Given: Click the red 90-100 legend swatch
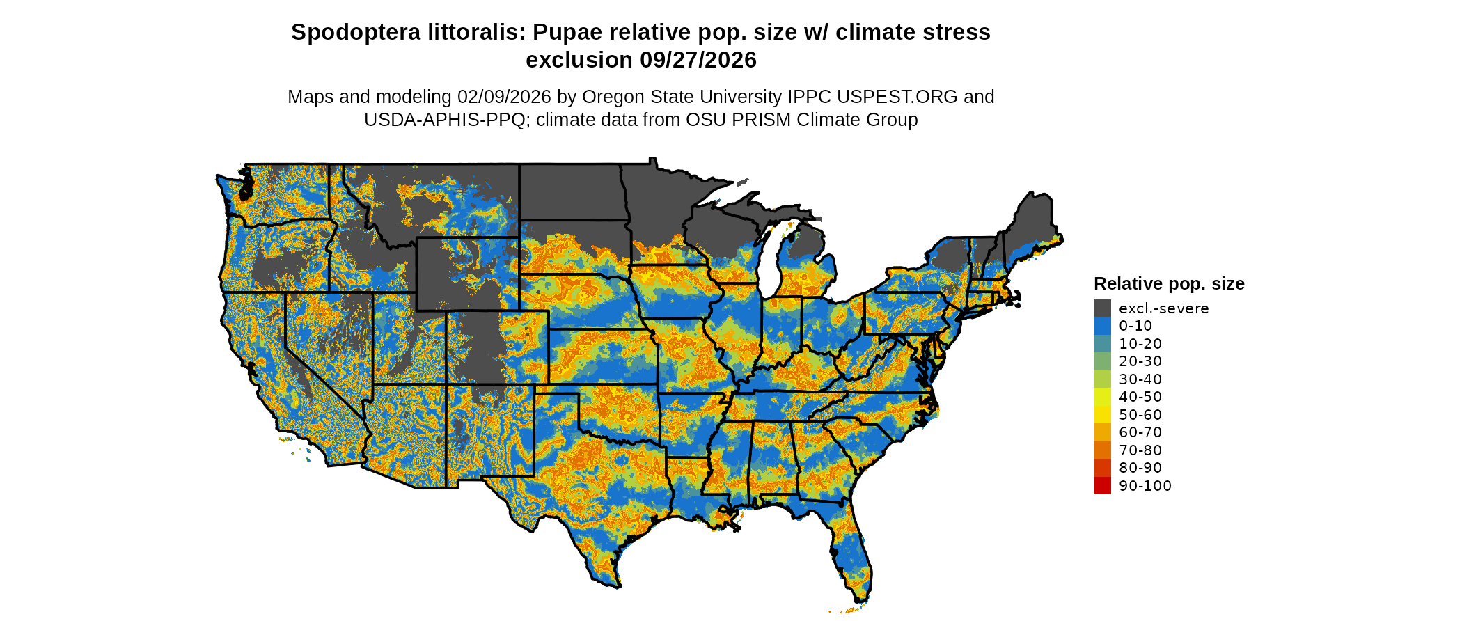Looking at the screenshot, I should click(x=1102, y=485).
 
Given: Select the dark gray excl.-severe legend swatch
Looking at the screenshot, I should click(x=1102, y=308).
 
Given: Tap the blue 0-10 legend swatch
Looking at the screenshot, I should click(x=1102, y=326).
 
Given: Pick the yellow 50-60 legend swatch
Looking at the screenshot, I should click(x=1102, y=414).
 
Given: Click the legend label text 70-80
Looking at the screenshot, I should click(x=1140, y=450).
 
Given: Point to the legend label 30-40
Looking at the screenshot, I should click(x=1140, y=379).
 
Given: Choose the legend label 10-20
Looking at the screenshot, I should click(x=1140, y=344).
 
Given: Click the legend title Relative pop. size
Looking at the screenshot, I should click(x=1169, y=284).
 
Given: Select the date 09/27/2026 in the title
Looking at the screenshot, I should click(x=698, y=61).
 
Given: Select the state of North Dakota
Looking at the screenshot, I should click(x=569, y=191).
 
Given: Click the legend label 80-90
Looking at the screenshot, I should click(x=1140, y=468).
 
